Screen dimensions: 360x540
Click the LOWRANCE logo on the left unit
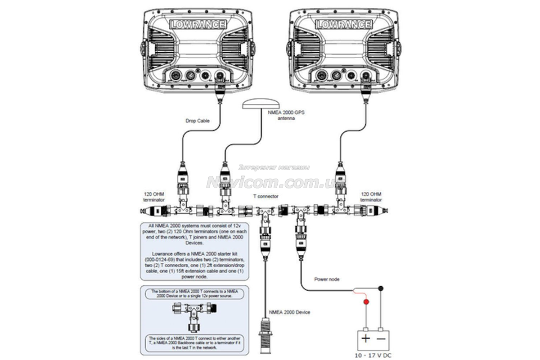coord(198,24)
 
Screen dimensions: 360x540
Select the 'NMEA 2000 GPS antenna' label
coord(286,115)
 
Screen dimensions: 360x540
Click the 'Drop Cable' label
coord(195,121)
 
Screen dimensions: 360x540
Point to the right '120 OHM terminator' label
coord(371,197)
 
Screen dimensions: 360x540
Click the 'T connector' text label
coord(265,197)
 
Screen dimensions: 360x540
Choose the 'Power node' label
coord(327,279)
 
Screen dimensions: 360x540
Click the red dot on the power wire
coord(366,301)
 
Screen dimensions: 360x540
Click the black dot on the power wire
coord(381,288)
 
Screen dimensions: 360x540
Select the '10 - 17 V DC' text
coord(373,355)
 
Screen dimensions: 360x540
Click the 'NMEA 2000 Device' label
coord(289,312)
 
